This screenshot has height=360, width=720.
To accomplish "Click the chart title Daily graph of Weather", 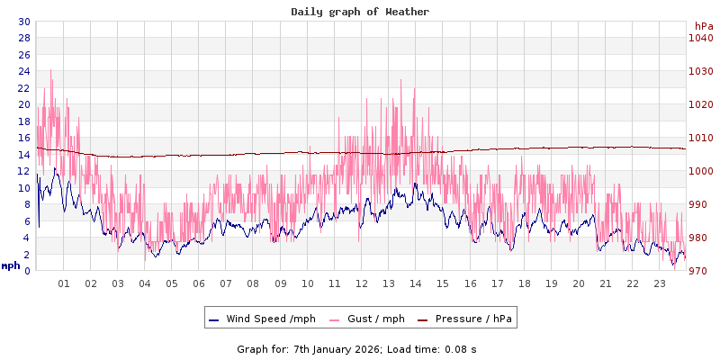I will (x=360, y=12).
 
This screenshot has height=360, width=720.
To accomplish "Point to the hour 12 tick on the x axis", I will (x=362, y=283).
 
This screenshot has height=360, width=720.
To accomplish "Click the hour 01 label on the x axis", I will (x=64, y=283).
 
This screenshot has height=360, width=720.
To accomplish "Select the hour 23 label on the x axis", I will (x=660, y=283).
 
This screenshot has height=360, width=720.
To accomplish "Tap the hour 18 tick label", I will (x=524, y=283).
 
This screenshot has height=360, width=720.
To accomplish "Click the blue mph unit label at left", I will (x=11, y=265).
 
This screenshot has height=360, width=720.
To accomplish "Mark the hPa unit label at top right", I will (x=704, y=26).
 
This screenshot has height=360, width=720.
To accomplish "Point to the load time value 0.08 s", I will (x=461, y=349).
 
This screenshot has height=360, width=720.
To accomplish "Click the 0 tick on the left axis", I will (x=26, y=271).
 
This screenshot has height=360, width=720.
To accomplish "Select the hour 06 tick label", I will (x=199, y=283).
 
